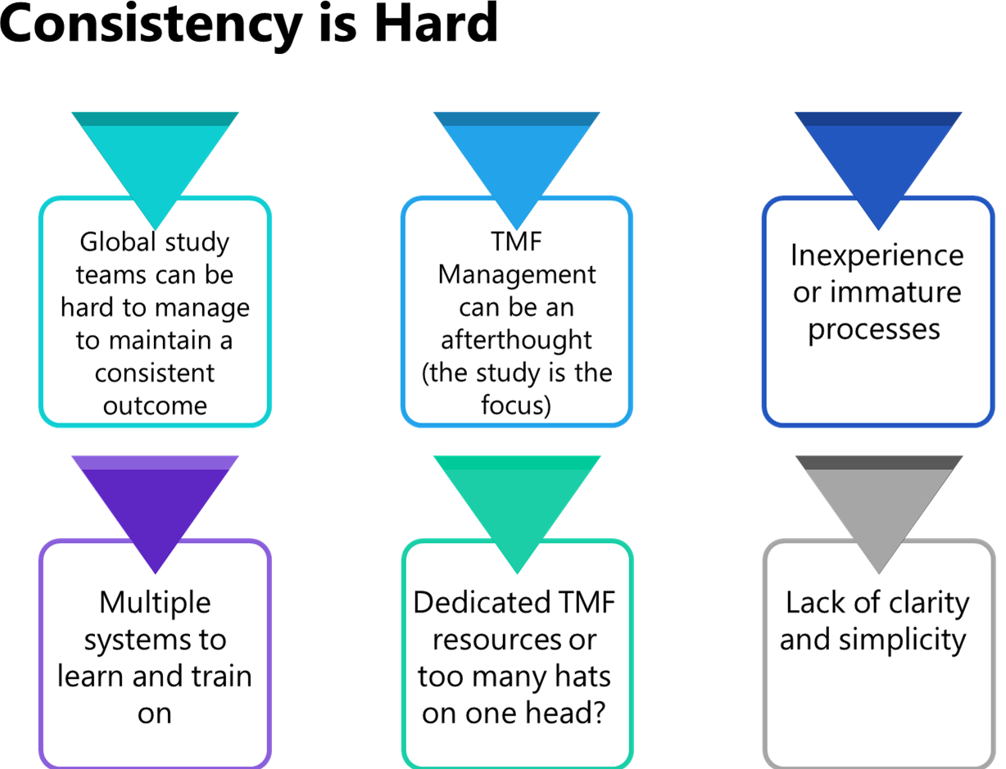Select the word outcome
[x=155, y=405]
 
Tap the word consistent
[x=155, y=373]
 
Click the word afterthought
[x=516, y=340]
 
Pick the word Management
[x=516, y=274]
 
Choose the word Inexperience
[x=877, y=256]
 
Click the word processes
[x=873, y=329]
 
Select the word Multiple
[x=155, y=603]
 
